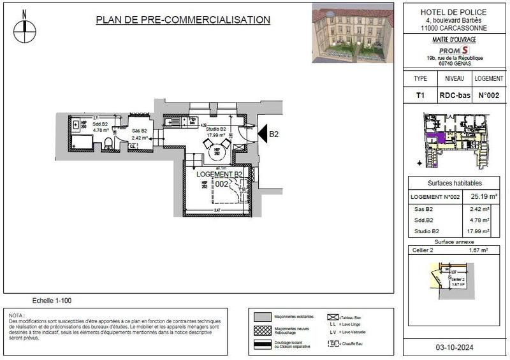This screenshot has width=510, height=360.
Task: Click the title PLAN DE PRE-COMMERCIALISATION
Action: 183,20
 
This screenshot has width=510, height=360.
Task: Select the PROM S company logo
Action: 455,50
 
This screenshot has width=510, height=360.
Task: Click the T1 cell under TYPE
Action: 420,96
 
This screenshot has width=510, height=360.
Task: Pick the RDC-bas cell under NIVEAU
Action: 455,96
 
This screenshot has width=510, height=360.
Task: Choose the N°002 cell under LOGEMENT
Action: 488,96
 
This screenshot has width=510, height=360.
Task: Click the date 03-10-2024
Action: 455,348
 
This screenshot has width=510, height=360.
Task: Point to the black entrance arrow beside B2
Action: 262,133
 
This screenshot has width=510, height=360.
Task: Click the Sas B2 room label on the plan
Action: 140,130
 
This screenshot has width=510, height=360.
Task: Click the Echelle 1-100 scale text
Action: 53,299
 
